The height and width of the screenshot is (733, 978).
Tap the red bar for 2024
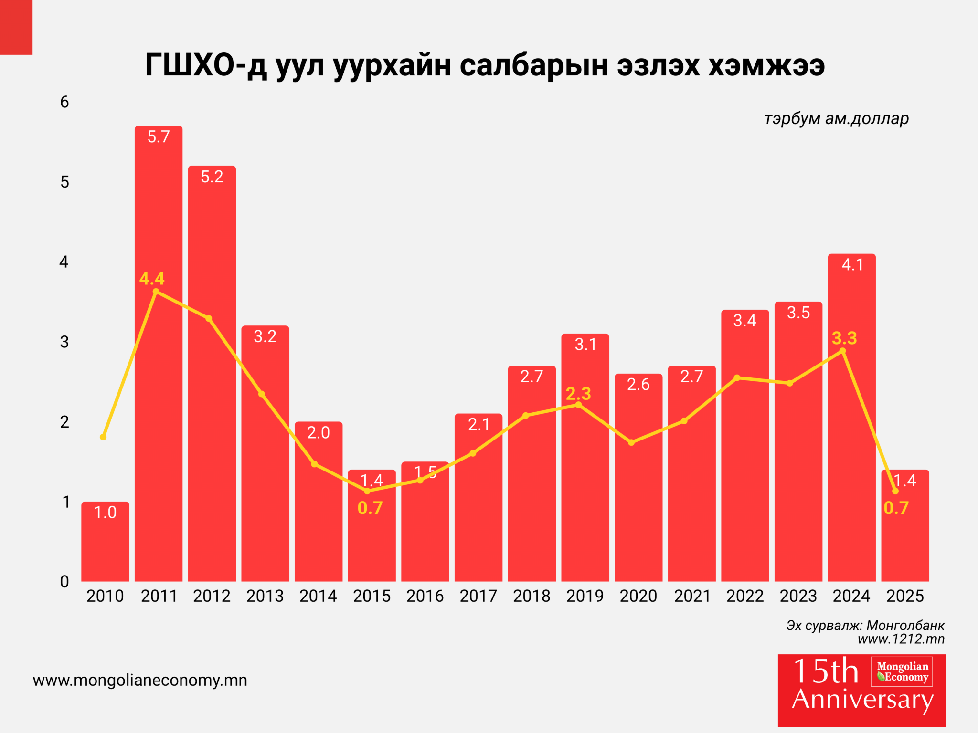(851, 429)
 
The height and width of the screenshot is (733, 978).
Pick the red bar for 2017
(478, 515)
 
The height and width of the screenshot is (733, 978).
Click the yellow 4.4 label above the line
(152, 278)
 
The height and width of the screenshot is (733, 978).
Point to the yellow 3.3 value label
(844, 338)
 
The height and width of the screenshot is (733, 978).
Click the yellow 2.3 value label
(578, 394)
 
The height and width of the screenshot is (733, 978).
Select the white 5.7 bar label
(159, 137)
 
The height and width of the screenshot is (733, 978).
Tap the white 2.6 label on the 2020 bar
(638, 384)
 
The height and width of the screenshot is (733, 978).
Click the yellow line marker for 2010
(103, 437)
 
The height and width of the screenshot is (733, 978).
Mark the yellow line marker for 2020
(631, 443)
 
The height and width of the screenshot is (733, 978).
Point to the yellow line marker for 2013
(262, 394)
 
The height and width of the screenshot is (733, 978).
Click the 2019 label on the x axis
(585, 596)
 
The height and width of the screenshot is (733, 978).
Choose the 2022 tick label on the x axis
(745, 596)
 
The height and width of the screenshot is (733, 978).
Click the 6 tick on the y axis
(64, 102)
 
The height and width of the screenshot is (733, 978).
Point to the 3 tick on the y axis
(64, 342)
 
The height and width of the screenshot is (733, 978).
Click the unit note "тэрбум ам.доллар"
(836, 118)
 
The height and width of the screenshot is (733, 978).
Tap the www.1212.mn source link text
(901, 639)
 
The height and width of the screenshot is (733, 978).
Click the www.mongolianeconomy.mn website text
(140, 680)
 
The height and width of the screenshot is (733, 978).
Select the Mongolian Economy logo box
(902, 671)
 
